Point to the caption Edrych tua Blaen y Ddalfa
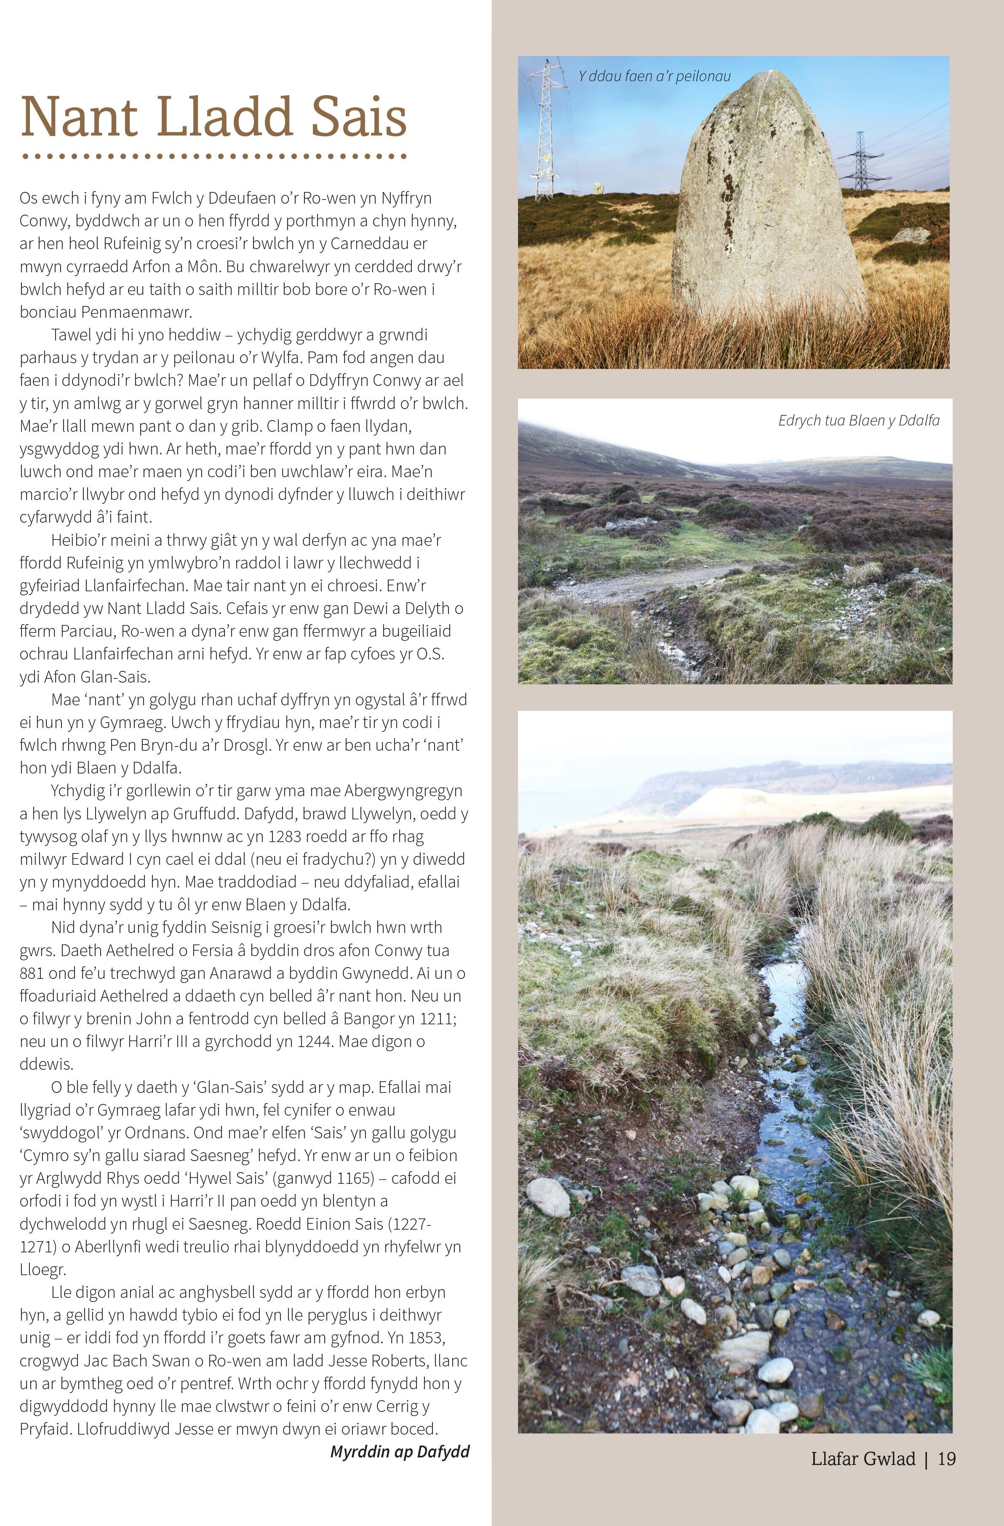(858, 420)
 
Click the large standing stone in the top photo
(766, 205)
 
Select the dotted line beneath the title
(214, 156)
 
